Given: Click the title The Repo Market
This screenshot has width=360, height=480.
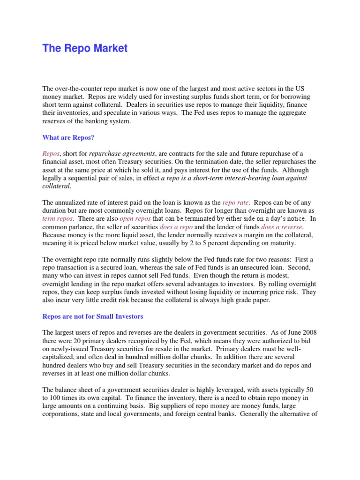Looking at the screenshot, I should (x=85, y=48).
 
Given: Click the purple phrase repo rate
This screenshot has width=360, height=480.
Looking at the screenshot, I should (x=236, y=203).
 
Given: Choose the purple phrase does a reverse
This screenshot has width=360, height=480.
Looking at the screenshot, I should (x=279, y=227).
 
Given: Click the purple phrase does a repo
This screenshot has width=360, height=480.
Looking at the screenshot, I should (x=176, y=227).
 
